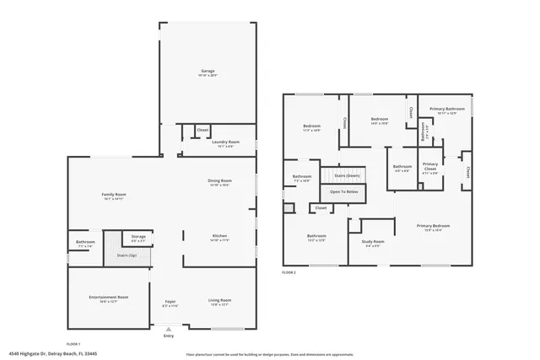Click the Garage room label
pos(207,71)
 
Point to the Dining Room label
pos(219,181)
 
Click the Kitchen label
pos(219,236)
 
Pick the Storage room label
pos(138,237)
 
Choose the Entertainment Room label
pos(109,298)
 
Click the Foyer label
pos(169,301)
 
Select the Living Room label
pos(219,301)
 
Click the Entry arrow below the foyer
pos(169,329)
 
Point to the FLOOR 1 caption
pos(74,345)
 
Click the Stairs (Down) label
pos(347,175)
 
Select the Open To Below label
pos(343,191)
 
